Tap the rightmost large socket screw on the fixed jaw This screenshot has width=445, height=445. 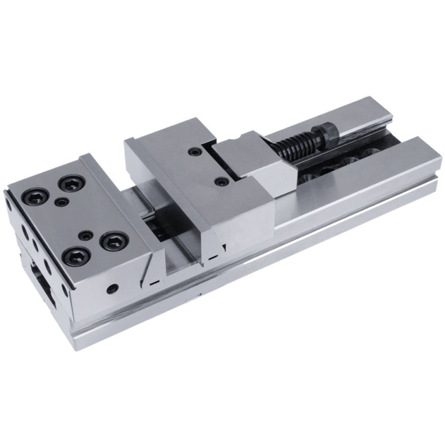[x=114, y=241]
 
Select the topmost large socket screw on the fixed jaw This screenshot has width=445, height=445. [x=72, y=183]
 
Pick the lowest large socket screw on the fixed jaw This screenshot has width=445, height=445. [x=76, y=256]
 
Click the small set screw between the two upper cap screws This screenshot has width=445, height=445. [x=61, y=202]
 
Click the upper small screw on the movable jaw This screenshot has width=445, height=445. [x=193, y=153]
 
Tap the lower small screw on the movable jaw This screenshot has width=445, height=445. [x=221, y=182]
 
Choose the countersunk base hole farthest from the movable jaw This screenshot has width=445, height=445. [x=369, y=154]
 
